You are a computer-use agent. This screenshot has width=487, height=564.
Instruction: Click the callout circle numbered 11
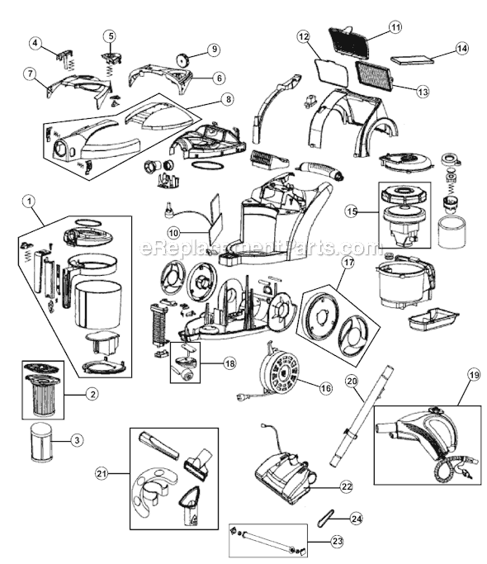(x=395, y=27)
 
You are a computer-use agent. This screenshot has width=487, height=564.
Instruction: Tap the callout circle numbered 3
(x=77, y=440)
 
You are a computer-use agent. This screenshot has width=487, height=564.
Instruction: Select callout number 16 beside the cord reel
(x=325, y=388)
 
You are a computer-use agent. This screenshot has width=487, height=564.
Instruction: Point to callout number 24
(x=356, y=519)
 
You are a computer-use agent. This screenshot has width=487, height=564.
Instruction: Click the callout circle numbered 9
(x=214, y=50)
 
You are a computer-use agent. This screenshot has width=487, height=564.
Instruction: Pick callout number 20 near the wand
(x=352, y=381)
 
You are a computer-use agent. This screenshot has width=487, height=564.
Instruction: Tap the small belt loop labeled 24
(x=324, y=518)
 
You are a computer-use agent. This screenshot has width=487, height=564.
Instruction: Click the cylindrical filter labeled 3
(x=41, y=442)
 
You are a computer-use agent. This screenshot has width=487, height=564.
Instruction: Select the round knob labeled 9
(x=183, y=59)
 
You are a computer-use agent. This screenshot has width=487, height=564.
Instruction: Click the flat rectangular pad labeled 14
(x=412, y=59)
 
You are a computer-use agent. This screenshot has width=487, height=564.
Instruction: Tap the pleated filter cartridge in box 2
(x=42, y=396)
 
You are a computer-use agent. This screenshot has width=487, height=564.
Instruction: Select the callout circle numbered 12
(x=304, y=36)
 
